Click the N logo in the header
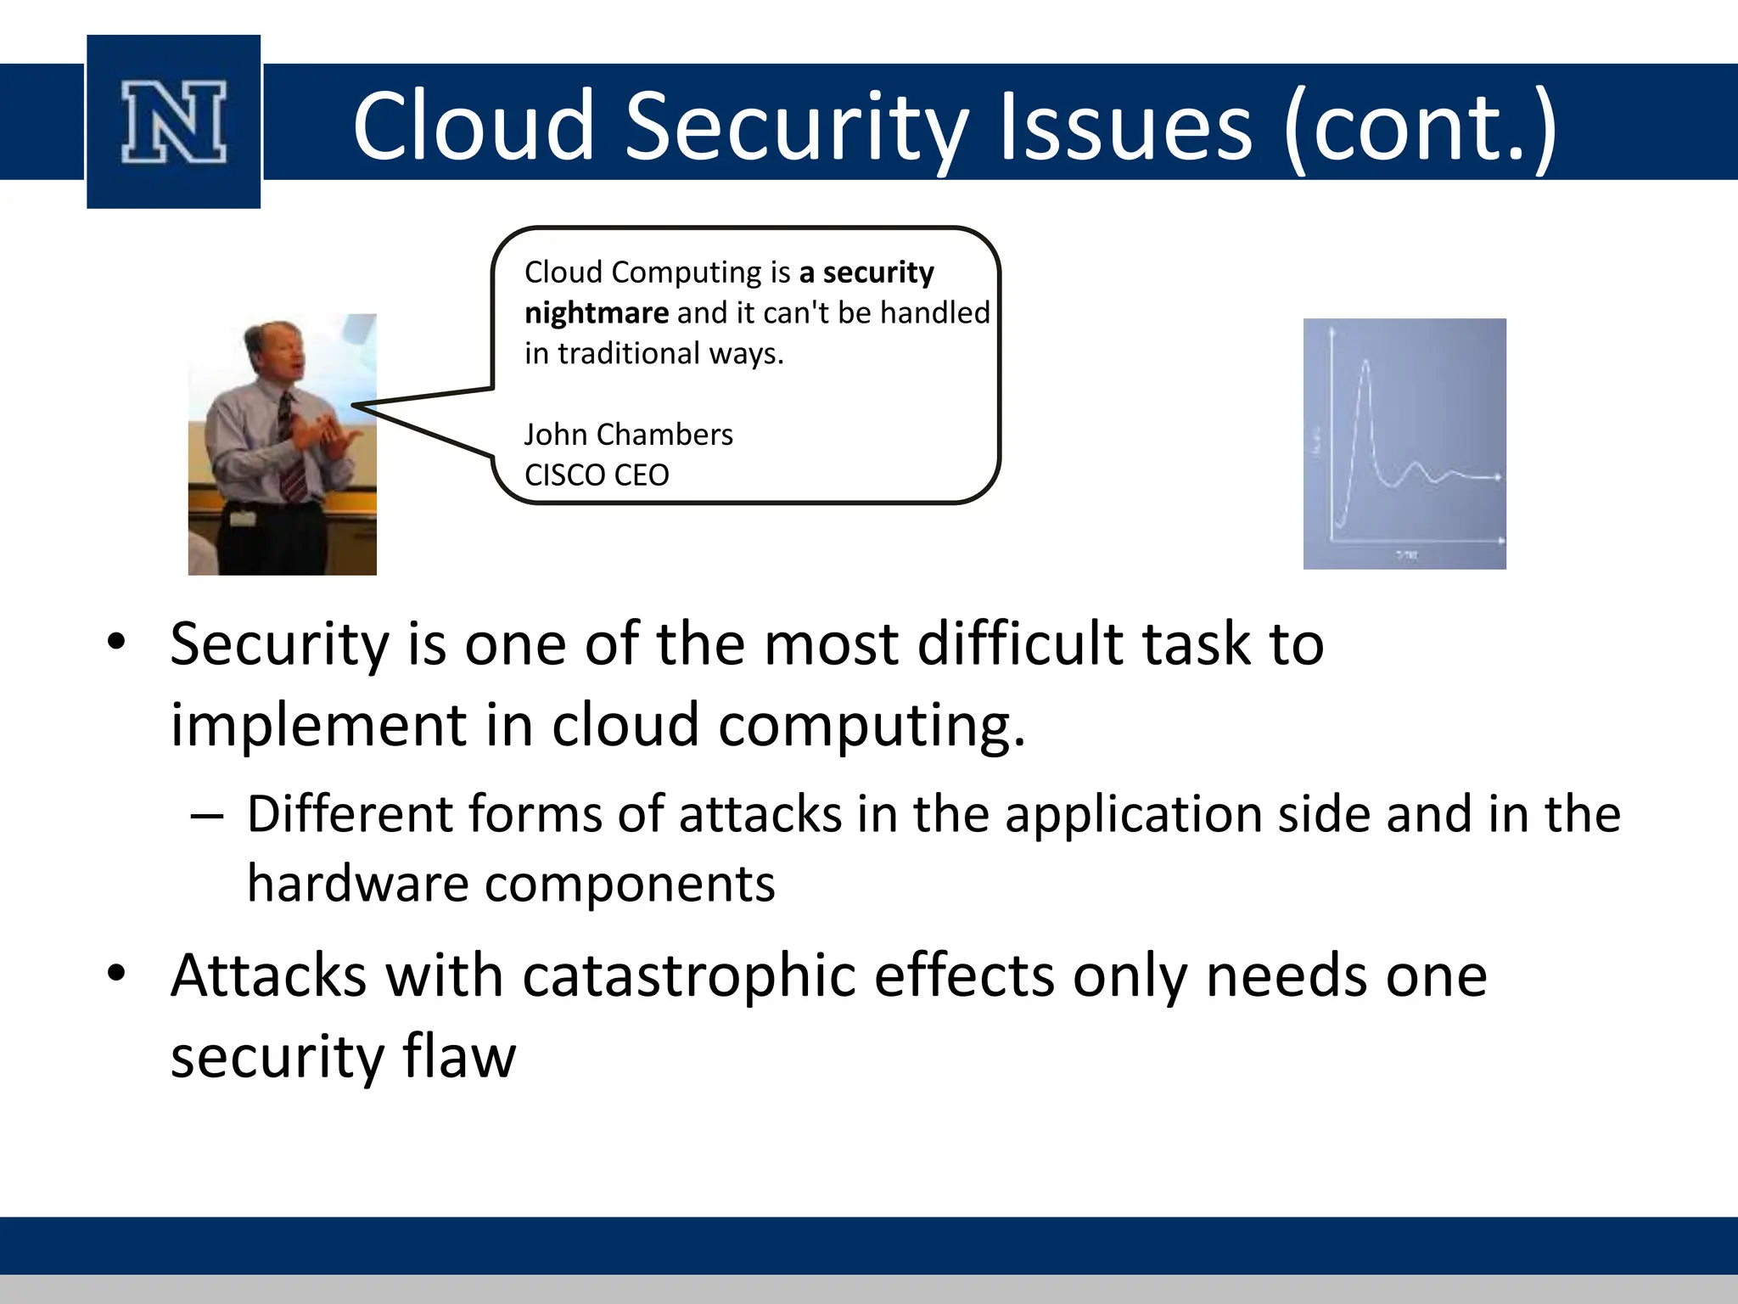point(174,122)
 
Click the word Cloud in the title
point(473,126)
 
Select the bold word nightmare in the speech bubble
point(596,313)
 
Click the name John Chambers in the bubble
point(628,435)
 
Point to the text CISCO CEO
point(597,475)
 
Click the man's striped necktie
point(290,450)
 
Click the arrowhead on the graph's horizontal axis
point(1501,541)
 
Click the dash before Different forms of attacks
point(207,817)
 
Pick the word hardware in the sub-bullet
point(357,884)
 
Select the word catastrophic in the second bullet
point(688,975)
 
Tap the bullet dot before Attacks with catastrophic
point(116,973)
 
